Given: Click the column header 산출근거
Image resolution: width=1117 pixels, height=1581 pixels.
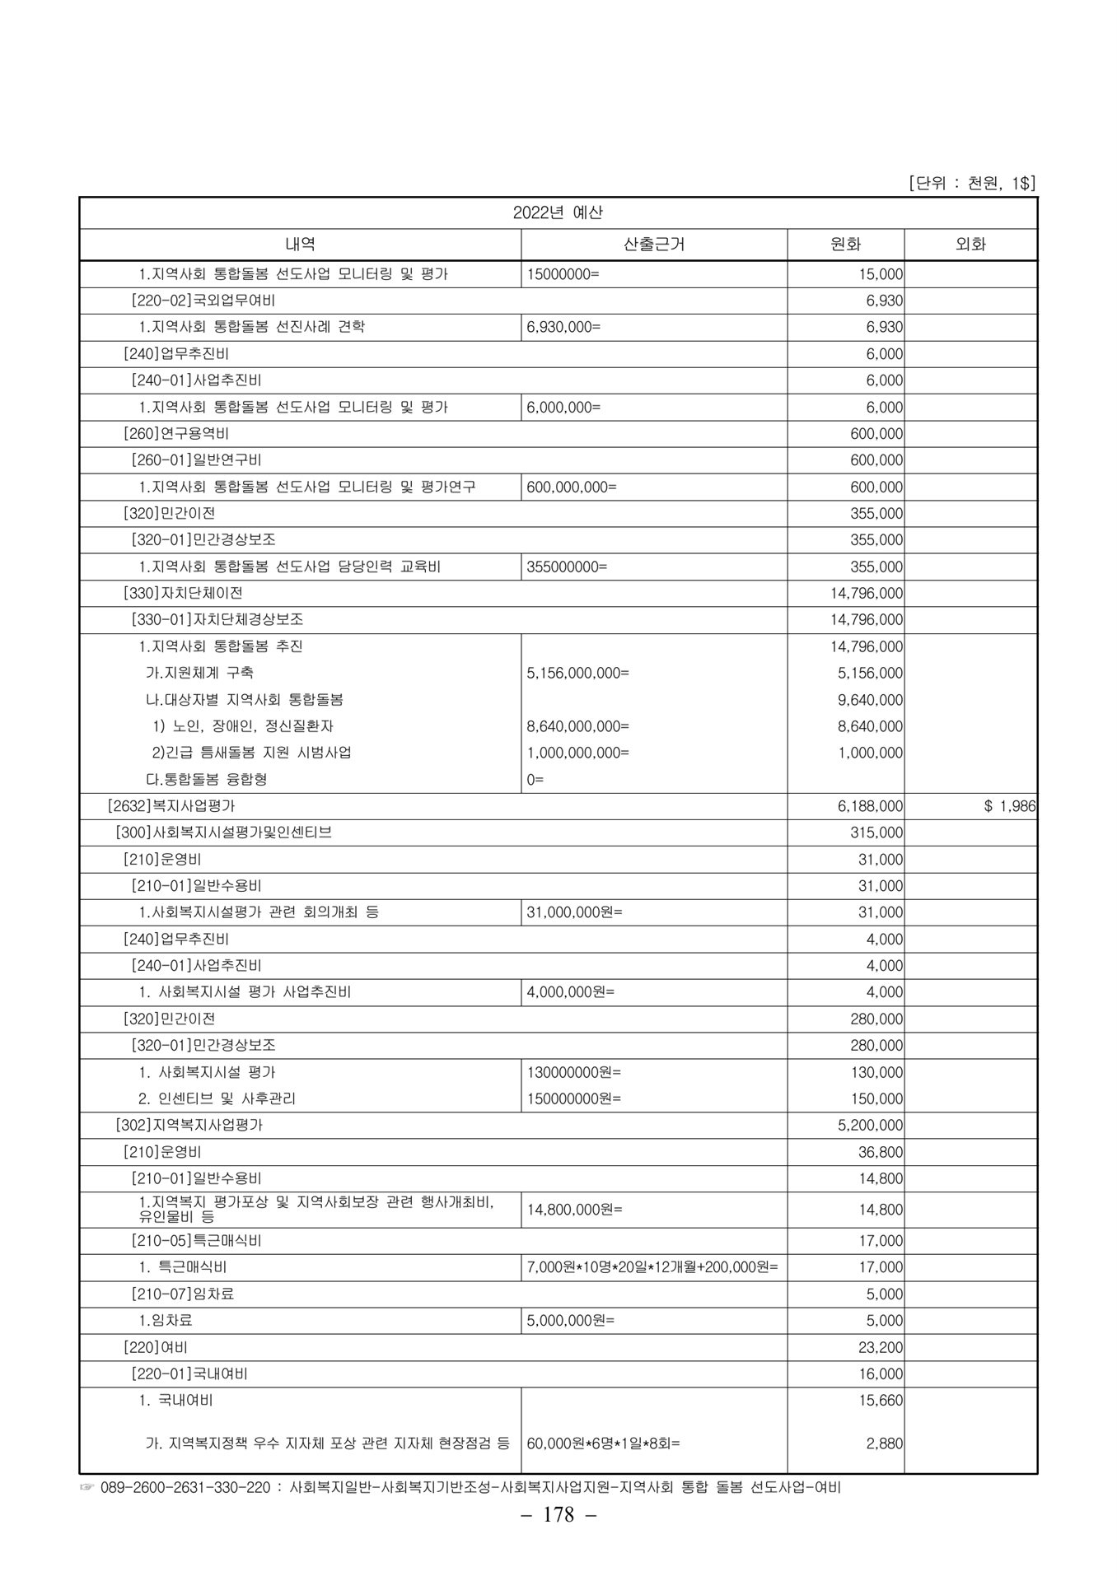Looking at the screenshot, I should pyautogui.click(x=653, y=245).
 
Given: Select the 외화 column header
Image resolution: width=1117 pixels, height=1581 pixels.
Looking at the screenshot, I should pyautogui.click(x=970, y=245).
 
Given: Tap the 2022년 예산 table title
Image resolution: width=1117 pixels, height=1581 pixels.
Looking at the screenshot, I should pyautogui.click(x=558, y=213).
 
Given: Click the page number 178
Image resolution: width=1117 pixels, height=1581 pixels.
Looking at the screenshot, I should pyautogui.click(x=558, y=1538).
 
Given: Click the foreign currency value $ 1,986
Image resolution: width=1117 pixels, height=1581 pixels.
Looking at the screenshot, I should pyautogui.click(x=1010, y=806).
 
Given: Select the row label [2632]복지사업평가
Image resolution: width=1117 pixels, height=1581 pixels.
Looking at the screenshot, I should pyautogui.click(x=171, y=806).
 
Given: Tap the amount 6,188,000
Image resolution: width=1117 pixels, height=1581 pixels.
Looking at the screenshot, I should pyautogui.click(x=870, y=806).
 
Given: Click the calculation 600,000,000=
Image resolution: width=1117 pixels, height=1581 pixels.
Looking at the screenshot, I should pyautogui.click(x=572, y=487).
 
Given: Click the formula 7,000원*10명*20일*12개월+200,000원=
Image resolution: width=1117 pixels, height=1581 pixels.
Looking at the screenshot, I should pyautogui.click(x=652, y=1267).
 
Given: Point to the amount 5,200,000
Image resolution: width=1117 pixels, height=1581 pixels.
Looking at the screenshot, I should pyautogui.click(x=870, y=1125).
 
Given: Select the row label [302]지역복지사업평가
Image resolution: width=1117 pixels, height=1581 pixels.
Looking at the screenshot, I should pyautogui.click(x=189, y=1125).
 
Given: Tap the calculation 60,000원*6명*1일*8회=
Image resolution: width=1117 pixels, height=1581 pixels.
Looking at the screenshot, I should pyautogui.click(x=604, y=1443).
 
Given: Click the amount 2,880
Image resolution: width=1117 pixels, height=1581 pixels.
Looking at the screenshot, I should pyautogui.click(x=885, y=1443).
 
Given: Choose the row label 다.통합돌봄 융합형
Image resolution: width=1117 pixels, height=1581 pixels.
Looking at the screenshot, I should pyautogui.click(x=206, y=779).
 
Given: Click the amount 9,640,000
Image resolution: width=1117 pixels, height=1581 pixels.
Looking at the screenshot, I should pyautogui.click(x=870, y=700).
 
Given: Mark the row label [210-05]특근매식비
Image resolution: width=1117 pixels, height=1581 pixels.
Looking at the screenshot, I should pyautogui.click(x=197, y=1240).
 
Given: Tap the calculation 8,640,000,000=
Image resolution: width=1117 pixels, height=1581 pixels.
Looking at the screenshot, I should pyautogui.click(x=577, y=726).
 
